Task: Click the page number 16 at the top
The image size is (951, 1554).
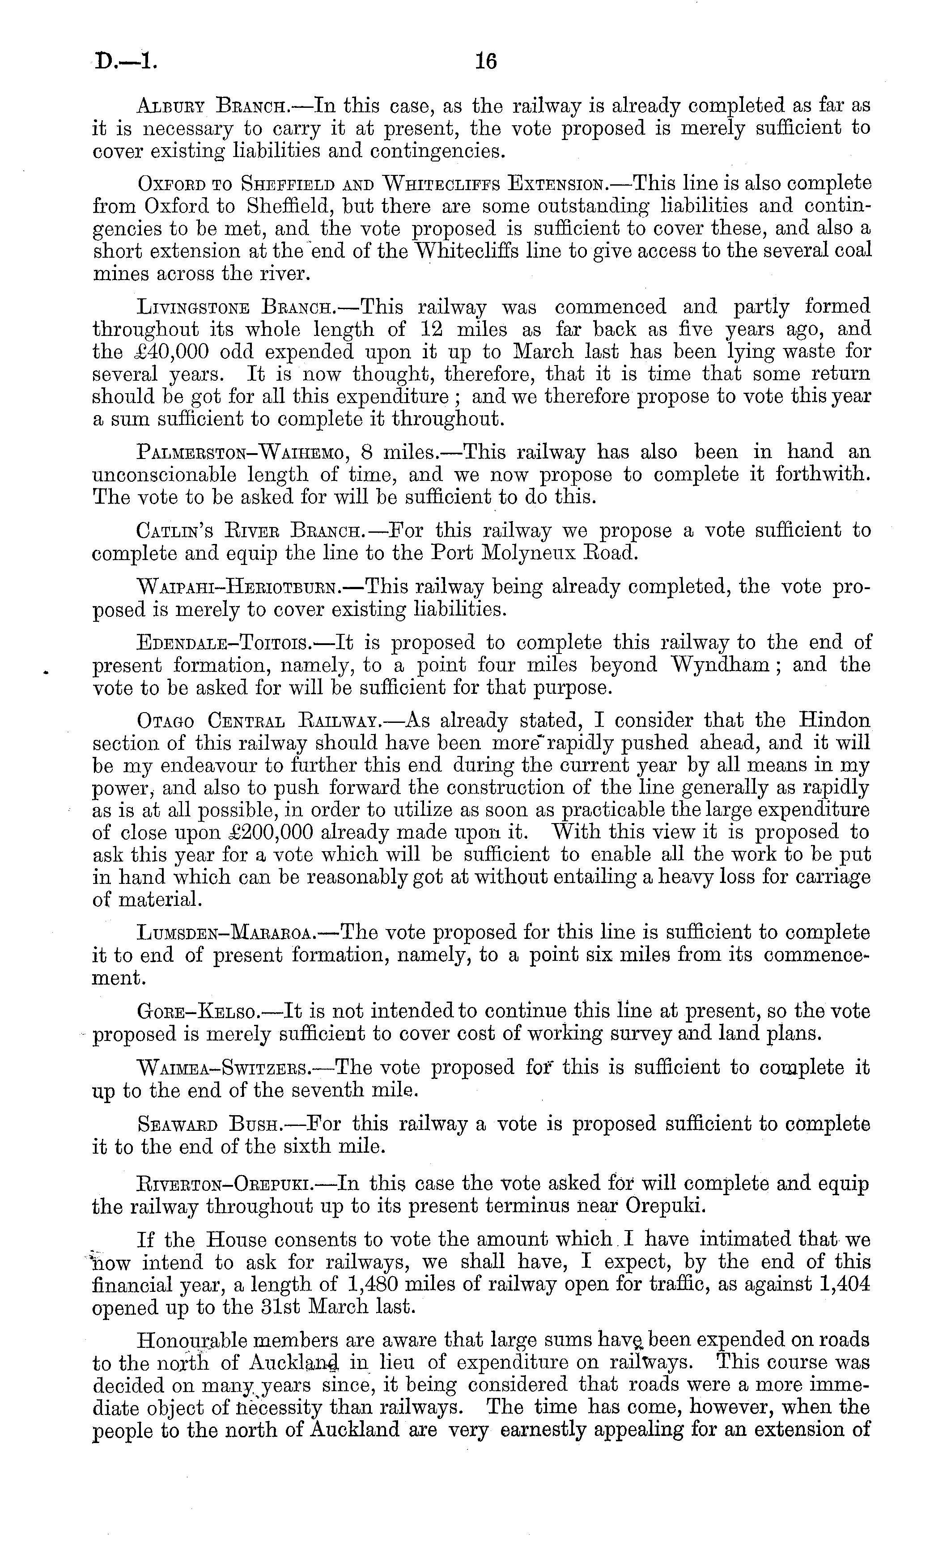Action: [486, 62]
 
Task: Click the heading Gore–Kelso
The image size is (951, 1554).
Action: [198, 1011]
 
